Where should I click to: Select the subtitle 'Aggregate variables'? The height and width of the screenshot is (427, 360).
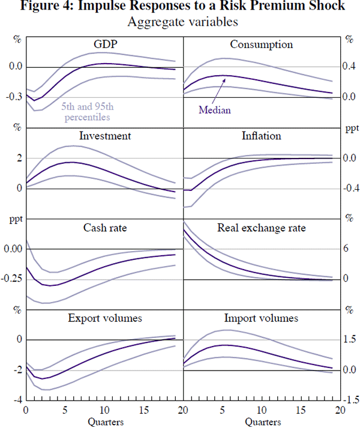pyautogui.click(x=180, y=22)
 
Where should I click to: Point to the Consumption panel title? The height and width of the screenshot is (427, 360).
pyautogui.click(x=261, y=45)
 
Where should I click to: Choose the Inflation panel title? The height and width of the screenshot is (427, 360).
pyautogui.click(x=261, y=136)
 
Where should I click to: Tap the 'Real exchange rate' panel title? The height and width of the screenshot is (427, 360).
pyautogui.click(x=261, y=228)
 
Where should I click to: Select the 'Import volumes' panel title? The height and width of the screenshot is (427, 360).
pyautogui.click(x=261, y=318)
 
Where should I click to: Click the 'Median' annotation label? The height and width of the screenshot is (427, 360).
pyautogui.click(x=214, y=110)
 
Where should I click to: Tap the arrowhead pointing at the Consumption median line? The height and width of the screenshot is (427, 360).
pyautogui.click(x=224, y=79)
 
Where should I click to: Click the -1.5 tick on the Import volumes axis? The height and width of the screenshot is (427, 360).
pyautogui.click(x=349, y=400)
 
